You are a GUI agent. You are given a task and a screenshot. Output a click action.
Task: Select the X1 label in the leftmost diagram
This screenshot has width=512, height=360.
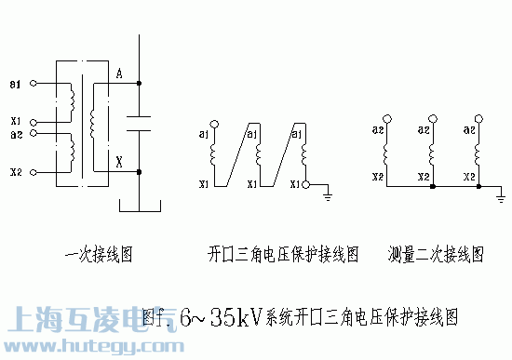pyautogui.click(x=14, y=121)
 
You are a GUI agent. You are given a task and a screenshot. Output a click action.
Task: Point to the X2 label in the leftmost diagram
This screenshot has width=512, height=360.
pyautogui.click(x=14, y=172)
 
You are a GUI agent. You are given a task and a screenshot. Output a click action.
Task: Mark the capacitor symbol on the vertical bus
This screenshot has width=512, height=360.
pyautogui.click(x=139, y=125)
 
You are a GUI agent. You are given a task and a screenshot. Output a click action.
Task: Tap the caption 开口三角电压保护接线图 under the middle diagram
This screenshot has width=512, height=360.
pyautogui.click(x=283, y=252)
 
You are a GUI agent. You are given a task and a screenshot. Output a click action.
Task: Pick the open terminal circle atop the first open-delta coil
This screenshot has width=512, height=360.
pyautogui.click(x=214, y=123)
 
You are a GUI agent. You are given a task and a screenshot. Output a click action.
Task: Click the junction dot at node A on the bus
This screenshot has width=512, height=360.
pyautogui.click(x=139, y=84)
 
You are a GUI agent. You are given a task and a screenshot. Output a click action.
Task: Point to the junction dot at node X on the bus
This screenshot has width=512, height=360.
pyautogui.click(x=139, y=171)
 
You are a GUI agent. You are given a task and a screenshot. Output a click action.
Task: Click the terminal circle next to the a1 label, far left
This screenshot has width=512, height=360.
pyautogui.click(x=34, y=84)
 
